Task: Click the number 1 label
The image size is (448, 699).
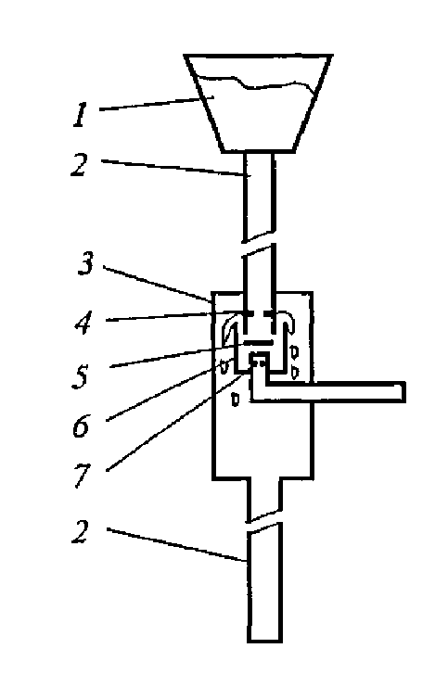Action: (x=80, y=115)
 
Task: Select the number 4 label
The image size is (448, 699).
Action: (x=83, y=322)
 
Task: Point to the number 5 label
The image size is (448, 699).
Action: (x=82, y=375)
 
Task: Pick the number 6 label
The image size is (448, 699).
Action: (x=81, y=426)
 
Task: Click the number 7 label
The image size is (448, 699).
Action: (x=83, y=476)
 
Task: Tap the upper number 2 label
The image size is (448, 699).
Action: (x=80, y=165)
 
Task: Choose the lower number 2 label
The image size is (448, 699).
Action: (x=81, y=532)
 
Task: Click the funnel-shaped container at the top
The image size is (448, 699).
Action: (x=259, y=104)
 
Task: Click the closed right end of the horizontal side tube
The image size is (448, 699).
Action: (x=404, y=392)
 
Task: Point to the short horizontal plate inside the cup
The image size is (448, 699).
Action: (x=258, y=342)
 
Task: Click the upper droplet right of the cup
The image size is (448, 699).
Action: (x=294, y=352)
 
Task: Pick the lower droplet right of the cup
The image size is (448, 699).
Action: (x=295, y=372)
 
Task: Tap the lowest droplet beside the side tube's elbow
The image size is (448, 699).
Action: (x=236, y=400)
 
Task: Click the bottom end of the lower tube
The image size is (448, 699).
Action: (x=265, y=641)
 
